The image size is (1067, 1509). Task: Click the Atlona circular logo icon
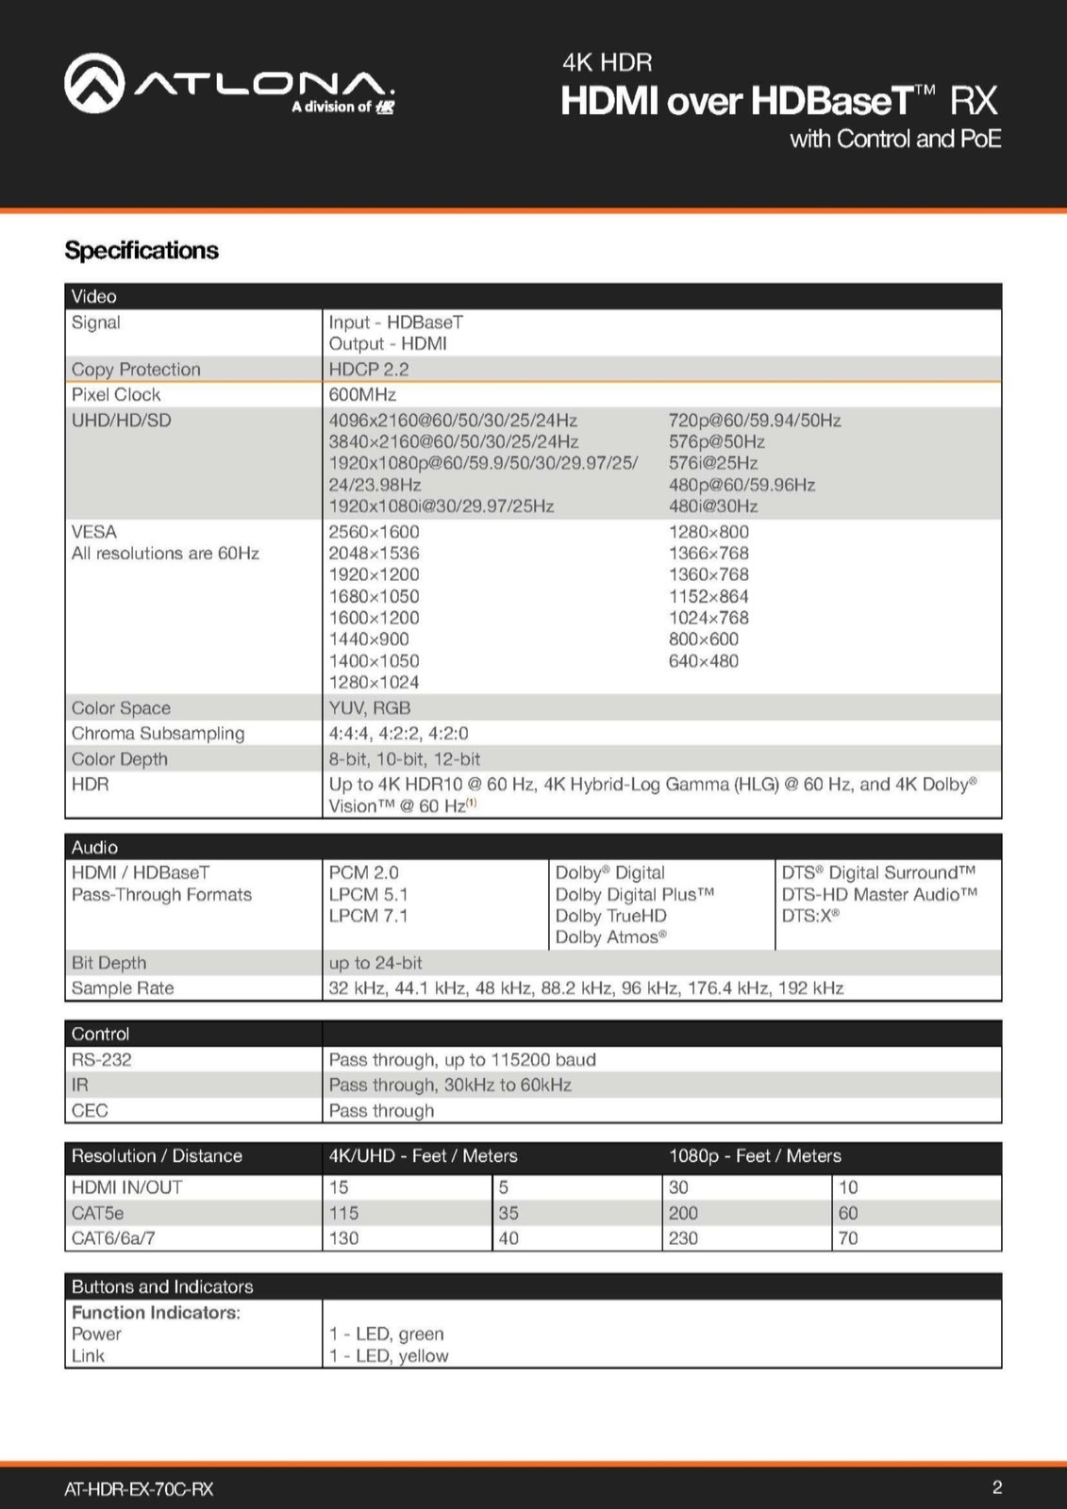[x=94, y=83]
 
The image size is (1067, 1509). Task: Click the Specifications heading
[x=142, y=251]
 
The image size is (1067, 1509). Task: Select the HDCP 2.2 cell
[x=369, y=370]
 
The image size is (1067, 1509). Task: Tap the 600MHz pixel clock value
[x=362, y=395]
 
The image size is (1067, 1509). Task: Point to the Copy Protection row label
[x=136, y=370]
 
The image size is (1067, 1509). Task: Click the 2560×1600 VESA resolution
[x=374, y=532]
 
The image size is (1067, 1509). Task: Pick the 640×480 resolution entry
[x=704, y=661]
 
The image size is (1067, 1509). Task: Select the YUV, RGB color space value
[x=370, y=708]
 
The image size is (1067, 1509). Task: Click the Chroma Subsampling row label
[x=158, y=734]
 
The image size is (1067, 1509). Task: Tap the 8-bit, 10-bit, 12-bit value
[x=404, y=759]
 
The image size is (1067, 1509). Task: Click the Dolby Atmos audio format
[x=610, y=937]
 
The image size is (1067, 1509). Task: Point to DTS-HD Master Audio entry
[x=879, y=894]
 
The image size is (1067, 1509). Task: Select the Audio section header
[x=94, y=847]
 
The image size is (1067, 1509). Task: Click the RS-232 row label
[x=102, y=1060]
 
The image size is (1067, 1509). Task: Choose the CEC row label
[x=90, y=1111]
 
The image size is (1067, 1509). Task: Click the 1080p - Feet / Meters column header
[x=755, y=1156]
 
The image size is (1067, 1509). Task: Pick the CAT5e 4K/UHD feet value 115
[x=343, y=1214]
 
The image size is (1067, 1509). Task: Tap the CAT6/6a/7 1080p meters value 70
[x=848, y=1238]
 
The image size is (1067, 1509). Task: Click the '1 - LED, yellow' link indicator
[x=389, y=1356]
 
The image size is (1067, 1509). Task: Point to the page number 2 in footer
[x=997, y=1488]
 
